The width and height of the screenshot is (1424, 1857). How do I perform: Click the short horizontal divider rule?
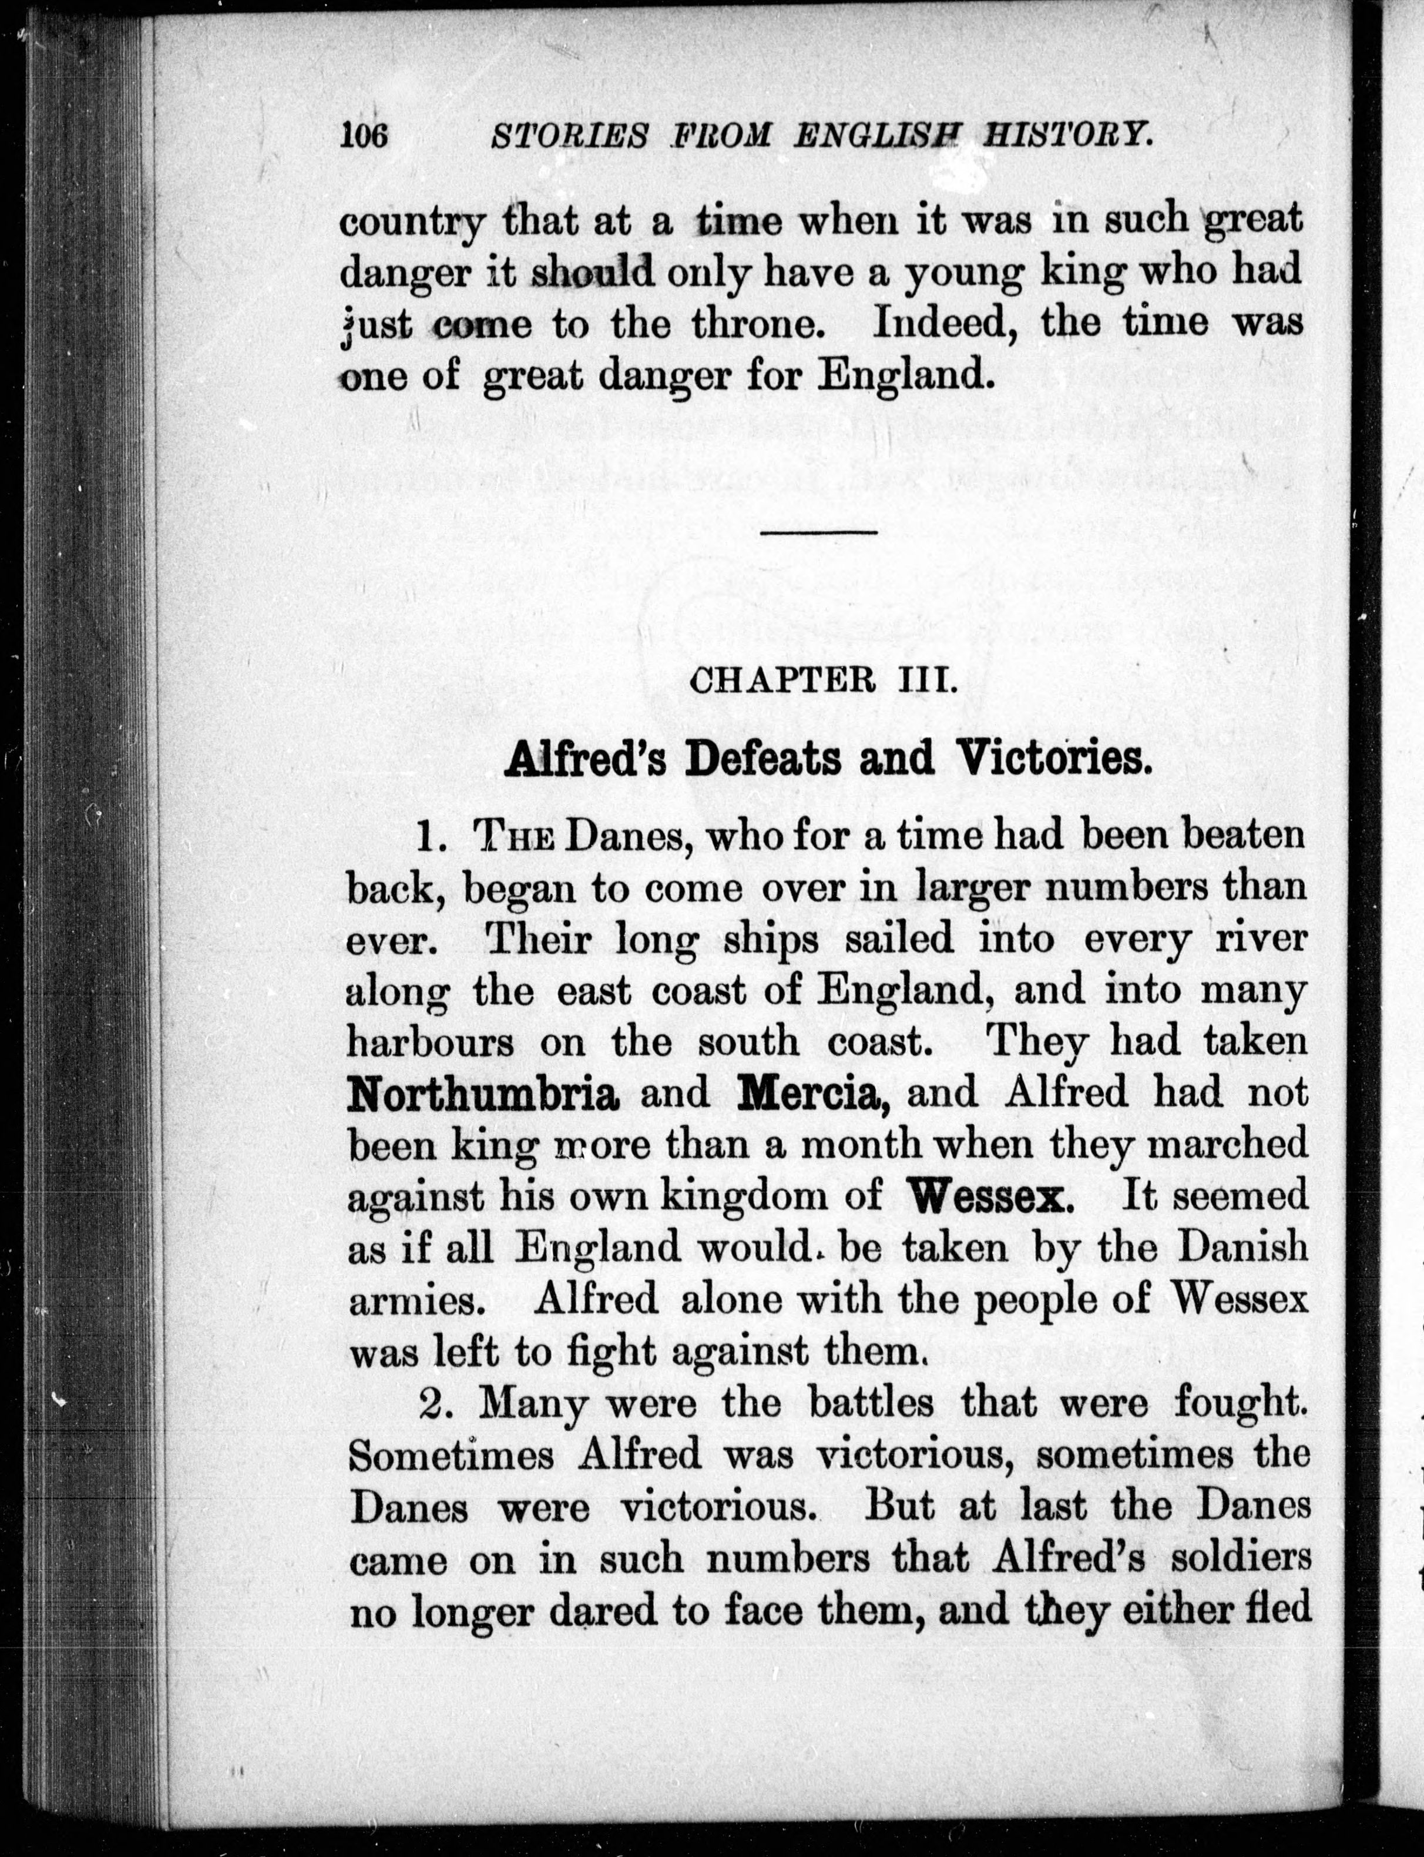[820, 532]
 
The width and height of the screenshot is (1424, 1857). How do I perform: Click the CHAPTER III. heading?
[824, 682]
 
